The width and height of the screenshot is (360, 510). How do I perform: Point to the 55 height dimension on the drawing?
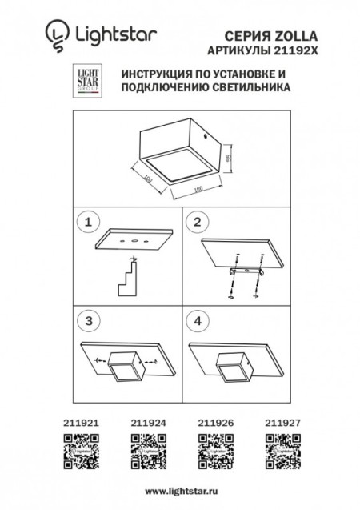pos(228,158)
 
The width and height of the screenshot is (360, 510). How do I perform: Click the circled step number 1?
pos(90,220)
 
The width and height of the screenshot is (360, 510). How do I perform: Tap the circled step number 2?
pos(199,220)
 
